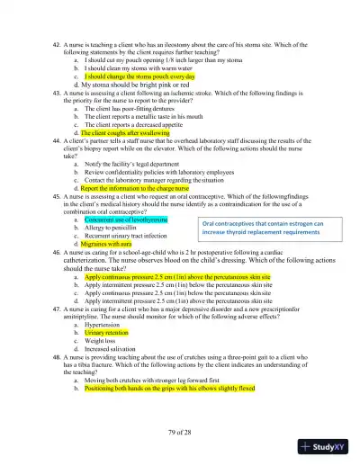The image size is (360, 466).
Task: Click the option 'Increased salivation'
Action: tap(113, 348)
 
